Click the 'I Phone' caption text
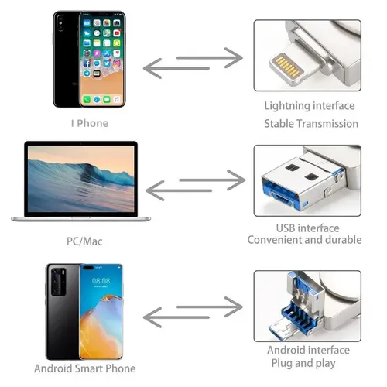(90, 123)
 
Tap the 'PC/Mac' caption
(84, 241)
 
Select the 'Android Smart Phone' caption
(85, 368)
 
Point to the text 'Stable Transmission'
(311, 124)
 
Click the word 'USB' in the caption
(286, 228)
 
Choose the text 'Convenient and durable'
(304, 240)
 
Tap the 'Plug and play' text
(303, 363)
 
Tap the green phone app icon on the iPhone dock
(87, 99)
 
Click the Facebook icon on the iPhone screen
(87, 63)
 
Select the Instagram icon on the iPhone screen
(117, 63)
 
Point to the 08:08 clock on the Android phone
(101, 281)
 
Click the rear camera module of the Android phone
(59, 282)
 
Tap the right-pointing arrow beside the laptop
(212, 180)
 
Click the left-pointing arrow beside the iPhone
(176, 68)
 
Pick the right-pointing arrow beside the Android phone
(210, 307)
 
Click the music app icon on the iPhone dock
(117, 99)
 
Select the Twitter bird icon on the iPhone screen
(107, 63)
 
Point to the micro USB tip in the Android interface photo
(282, 328)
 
